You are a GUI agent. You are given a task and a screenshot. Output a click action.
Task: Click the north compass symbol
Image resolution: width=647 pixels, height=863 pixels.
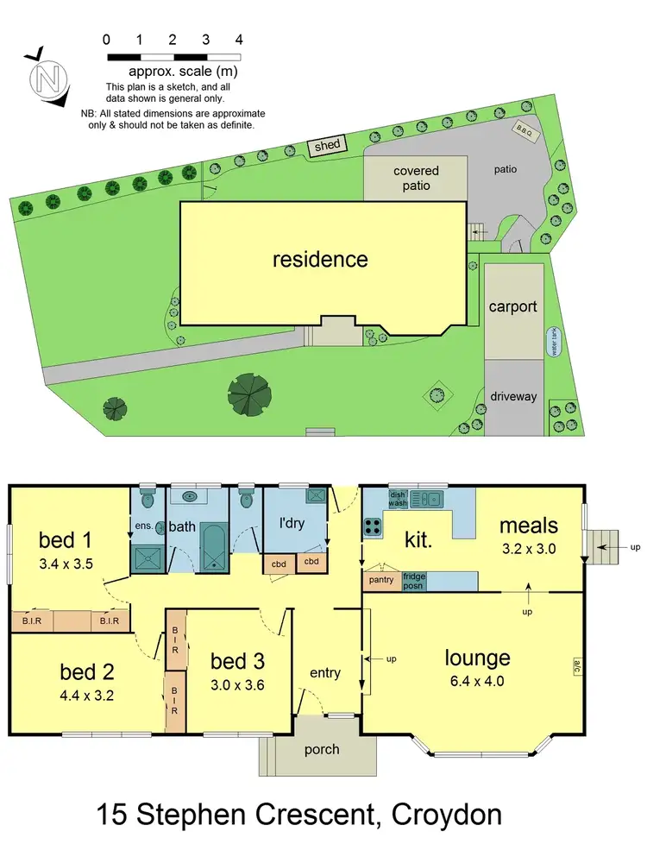click(47, 79)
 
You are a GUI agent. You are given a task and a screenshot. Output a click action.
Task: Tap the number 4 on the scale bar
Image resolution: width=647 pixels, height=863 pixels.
click(239, 40)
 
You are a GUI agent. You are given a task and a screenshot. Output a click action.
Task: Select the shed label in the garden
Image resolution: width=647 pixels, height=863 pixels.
click(328, 146)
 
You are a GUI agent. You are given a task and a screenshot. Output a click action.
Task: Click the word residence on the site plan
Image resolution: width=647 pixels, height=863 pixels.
click(320, 260)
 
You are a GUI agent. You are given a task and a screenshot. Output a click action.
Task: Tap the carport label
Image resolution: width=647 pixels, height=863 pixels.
click(513, 306)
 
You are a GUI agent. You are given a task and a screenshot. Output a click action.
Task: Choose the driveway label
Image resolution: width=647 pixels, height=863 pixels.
click(514, 397)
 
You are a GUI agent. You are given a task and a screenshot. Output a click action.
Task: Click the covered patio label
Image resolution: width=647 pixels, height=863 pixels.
click(416, 178)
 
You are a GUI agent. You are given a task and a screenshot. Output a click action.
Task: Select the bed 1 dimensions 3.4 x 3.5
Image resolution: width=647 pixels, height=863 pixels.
click(66, 564)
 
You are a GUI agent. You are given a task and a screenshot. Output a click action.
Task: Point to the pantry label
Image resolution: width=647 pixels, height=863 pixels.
click(381, 580)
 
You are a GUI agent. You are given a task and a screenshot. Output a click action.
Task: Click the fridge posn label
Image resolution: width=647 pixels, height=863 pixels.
click(415, 580)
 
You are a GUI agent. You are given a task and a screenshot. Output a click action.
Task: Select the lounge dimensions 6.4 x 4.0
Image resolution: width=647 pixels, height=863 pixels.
click(477, 682)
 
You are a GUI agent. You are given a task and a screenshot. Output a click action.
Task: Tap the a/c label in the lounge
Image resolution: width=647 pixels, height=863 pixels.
click(575, 666)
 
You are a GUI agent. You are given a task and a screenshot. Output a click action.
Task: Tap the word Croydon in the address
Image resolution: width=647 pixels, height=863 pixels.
click(447, 814)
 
